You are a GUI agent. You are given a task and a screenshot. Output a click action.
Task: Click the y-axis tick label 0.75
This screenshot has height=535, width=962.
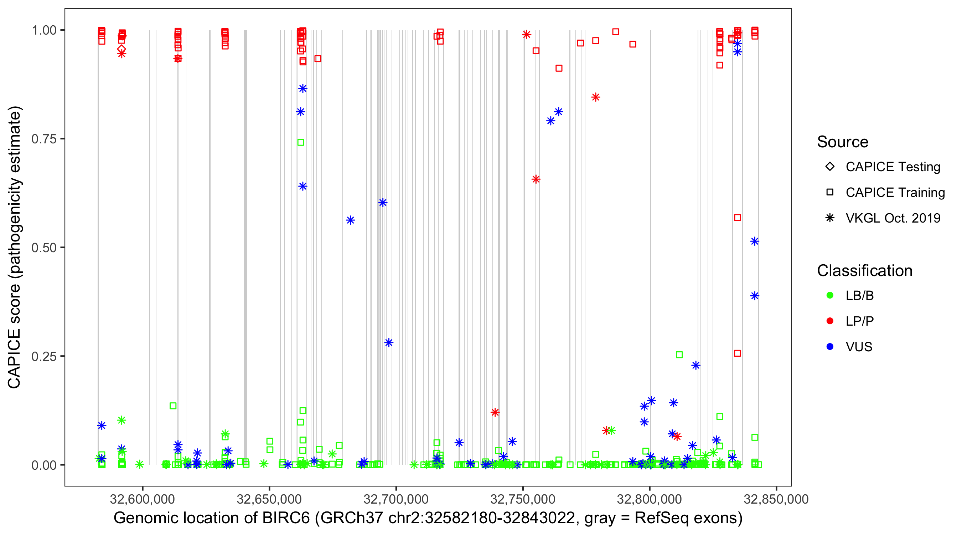pyautogui.click(x=43, y=139)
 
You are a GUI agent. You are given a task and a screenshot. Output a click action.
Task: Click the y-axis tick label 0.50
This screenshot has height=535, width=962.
pyautogui.click(x=43, y=248)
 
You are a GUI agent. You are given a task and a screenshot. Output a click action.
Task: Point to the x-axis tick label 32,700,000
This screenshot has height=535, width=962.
pyautogui.click(x=396, y=499)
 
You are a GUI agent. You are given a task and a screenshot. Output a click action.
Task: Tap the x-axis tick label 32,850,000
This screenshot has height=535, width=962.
pyautogui.click(x=776, y=499)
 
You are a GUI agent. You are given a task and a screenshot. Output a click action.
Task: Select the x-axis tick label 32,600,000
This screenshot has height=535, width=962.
pyautogui.click(x=142, y=499)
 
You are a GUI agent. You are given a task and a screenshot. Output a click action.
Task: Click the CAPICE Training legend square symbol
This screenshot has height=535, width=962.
pyautogui.click(x=830, y=192)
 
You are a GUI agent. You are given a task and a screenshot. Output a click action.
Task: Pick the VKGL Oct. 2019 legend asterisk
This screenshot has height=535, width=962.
pyautogui.click(x=830, y=218)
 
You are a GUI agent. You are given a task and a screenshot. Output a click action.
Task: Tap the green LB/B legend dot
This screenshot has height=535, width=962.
pyautogui.click(x=830, y=295)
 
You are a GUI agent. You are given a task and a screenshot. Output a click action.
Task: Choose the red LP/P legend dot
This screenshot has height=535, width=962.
pyautogui.click(x=830, y=321)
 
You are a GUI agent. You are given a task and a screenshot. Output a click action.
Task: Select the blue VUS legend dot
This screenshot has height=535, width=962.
pyautogui.click(x=830, y=347)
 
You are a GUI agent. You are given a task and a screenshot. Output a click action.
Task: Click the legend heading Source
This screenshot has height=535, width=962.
pyautogui.click(x=843, y=142)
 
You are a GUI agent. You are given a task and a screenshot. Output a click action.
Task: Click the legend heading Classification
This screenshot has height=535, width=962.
pyautogui.click(x=864, y=271)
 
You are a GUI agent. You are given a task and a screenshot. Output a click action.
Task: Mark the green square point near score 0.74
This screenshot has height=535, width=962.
pyautogui.click(x=301, y=142)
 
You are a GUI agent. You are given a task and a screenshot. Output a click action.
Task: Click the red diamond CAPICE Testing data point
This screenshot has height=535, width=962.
pyautogui.click(x=121, y=49)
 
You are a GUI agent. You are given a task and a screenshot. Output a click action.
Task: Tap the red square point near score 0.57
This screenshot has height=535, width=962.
pyautogui.click(x=738, y=218)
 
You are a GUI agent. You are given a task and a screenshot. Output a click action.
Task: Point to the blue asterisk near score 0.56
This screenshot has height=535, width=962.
pyautogui.click(x=350, y=220)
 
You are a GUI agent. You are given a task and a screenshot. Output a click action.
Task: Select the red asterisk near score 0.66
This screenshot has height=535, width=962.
pyautogui.click(x=536, y=179)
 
